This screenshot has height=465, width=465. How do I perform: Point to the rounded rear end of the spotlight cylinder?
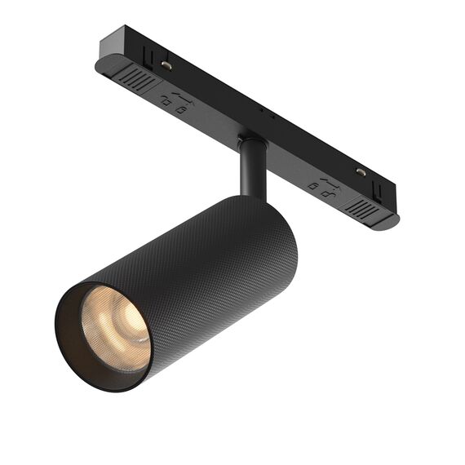(277, 228)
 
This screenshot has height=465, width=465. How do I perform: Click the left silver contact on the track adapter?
(166, 64)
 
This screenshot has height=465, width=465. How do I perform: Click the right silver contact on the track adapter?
(360, 172)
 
